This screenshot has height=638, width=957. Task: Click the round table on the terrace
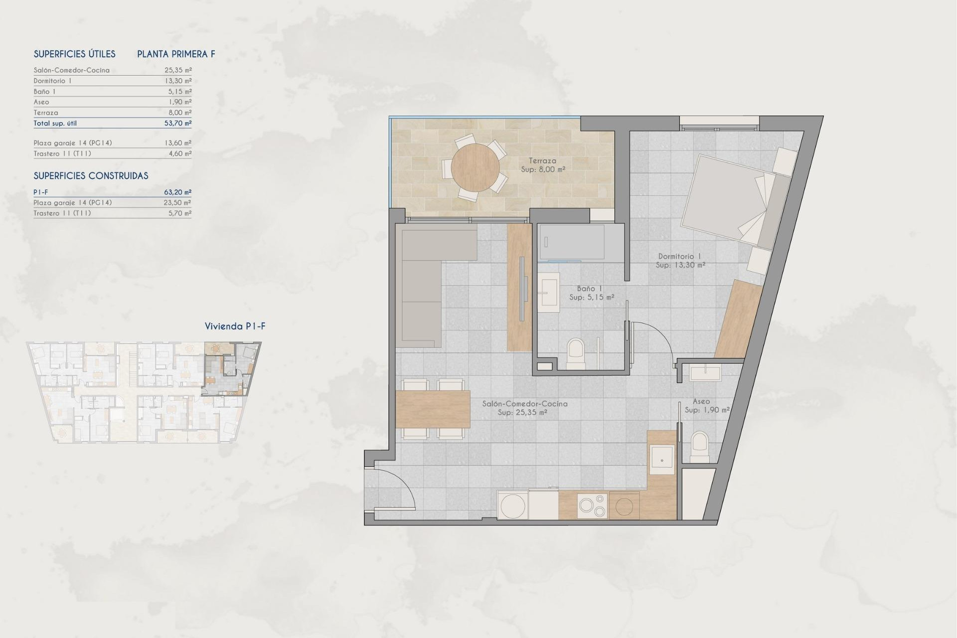pos(476,168)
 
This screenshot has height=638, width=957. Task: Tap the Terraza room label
pos(542,161)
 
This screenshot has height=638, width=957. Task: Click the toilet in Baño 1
pos(576,353)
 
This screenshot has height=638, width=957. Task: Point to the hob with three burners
pos(592,505)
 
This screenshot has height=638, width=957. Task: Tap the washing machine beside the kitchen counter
pos(513,505)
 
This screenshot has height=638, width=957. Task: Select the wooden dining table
pos(433,409)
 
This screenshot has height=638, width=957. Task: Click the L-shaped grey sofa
pos(421,284)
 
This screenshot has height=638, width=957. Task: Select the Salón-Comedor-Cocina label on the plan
pos(524,404)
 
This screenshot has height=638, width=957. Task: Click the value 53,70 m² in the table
pos(178,123)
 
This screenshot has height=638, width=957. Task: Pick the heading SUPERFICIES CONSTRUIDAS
pos(91,176)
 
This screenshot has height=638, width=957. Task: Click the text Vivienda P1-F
pos(235,326)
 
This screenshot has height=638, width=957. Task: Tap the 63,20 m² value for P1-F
pos(178,192)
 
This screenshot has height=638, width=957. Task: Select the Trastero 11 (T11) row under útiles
pos(62,154)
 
